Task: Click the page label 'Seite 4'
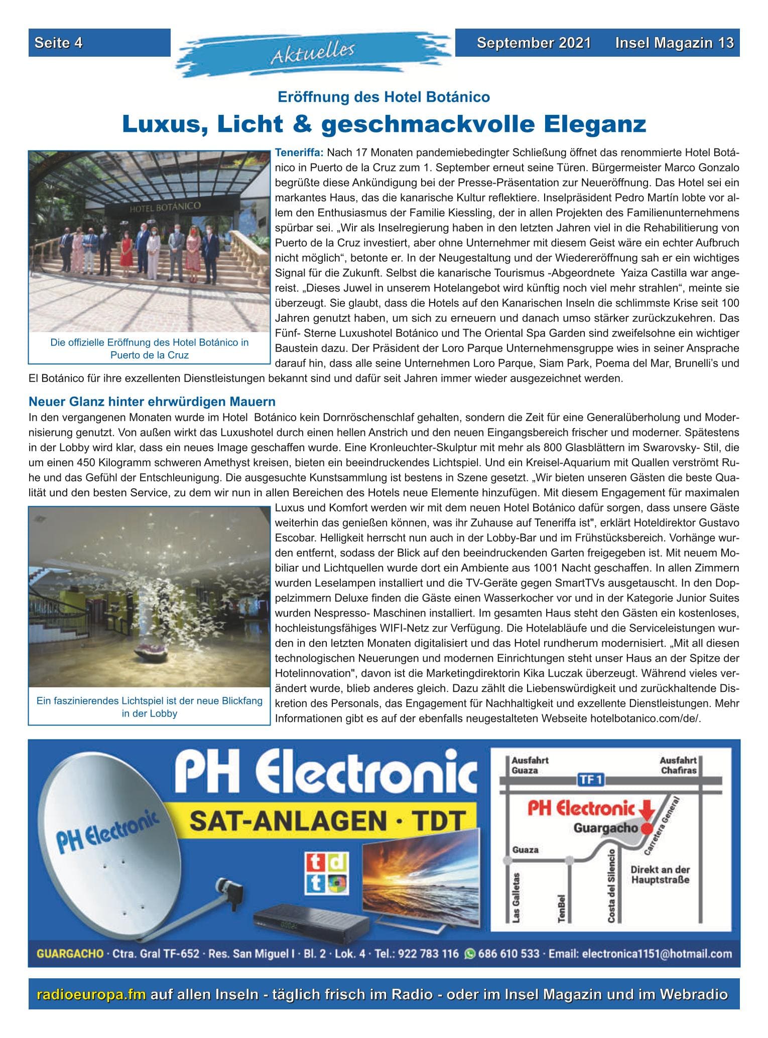click(x=58, y=43)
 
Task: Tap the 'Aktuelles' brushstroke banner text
click(x=313, y=53)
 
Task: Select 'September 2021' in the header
click(x=534, y=43)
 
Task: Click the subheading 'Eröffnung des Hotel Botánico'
click(x=383, y=97)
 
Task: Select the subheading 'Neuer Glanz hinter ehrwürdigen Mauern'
click(x=152, y=402)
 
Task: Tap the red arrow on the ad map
click(x=647, y=809)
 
